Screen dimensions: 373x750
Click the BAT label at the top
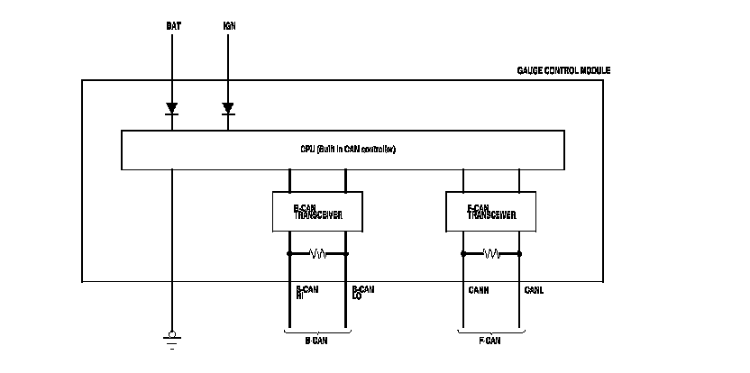172,25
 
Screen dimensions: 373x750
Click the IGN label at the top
229,25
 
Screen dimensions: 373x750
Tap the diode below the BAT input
171,110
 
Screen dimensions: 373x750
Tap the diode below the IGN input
228,110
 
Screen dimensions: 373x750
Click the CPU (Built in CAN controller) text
348,149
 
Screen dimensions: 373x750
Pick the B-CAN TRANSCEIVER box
316,212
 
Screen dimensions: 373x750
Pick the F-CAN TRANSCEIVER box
491,212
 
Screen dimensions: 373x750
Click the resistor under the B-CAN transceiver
317,254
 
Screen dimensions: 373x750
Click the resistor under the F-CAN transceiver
491,254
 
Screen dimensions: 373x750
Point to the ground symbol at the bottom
171,339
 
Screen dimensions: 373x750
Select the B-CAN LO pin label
362,293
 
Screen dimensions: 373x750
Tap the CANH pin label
479,290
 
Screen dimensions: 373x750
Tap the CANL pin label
534,290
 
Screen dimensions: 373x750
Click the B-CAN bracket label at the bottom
316,341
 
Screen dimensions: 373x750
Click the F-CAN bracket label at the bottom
489,341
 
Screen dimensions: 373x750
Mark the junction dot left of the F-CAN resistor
463,254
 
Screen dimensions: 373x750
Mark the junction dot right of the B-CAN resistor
346,254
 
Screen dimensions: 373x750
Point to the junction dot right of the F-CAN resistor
520,254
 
